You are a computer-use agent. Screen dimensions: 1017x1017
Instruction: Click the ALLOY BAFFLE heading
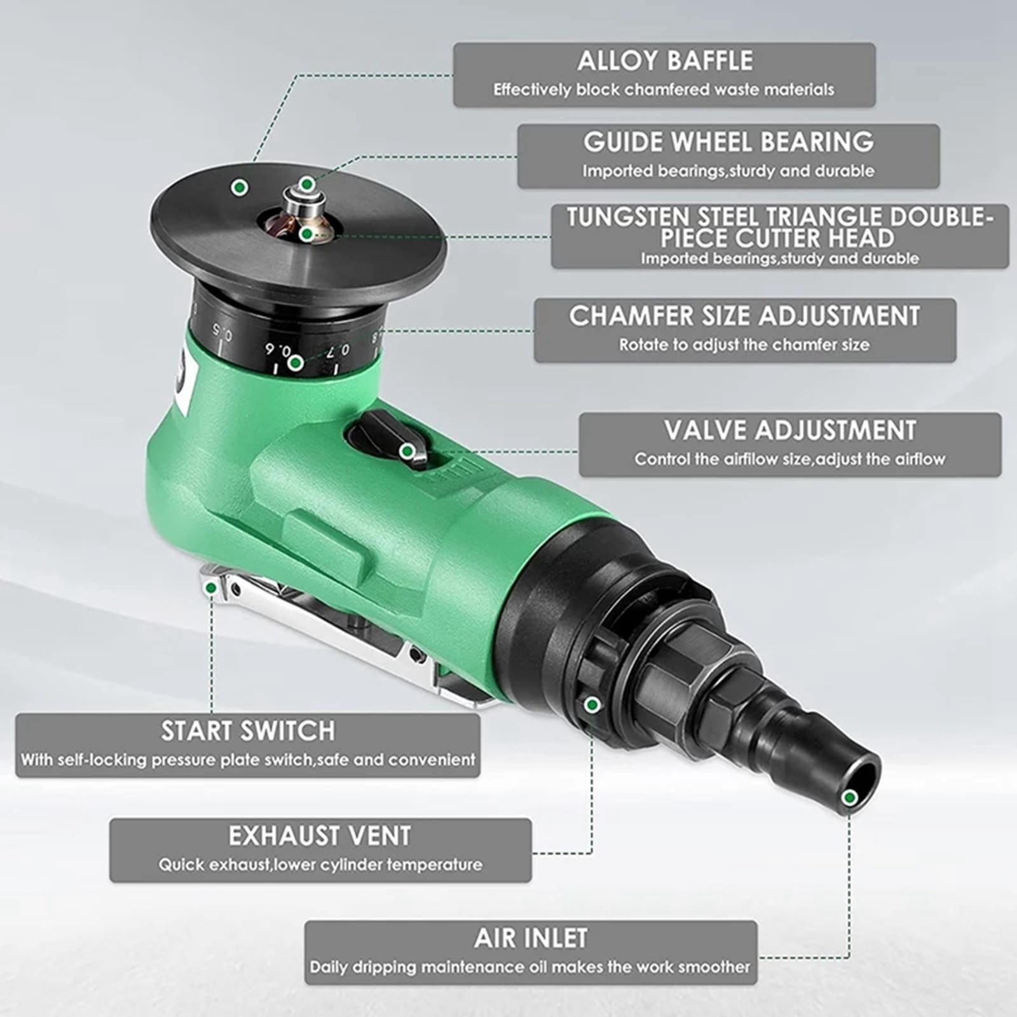pyautogui.click(x=665, y=61)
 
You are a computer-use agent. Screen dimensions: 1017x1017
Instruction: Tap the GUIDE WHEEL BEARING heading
pyautogui.click(x=728, y=142)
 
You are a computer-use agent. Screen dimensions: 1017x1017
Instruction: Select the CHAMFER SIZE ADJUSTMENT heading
pyautogui.click(x=744, y=316)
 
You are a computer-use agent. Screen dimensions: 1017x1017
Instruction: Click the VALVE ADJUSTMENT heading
pyautogui.click(x=790, y=430)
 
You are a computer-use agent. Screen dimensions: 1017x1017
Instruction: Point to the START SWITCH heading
pyautogui.click(x=248, y=731)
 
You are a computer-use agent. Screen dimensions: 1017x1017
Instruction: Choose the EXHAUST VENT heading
pyautogui.click(x=320, y=836)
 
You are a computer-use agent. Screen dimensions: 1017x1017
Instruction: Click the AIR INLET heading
pyautogui.click(x=531, y=938)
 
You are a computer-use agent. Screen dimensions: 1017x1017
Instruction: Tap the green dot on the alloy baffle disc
pyautogui.click(x=240, y=187)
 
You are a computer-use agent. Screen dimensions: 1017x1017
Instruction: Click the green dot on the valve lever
pyautogui.click(x=407, y=451)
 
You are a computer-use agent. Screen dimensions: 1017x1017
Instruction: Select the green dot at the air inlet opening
pyautogui.click(x=849, y=798)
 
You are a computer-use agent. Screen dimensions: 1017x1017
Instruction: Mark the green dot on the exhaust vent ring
pyautogui.click(x=592, y=704)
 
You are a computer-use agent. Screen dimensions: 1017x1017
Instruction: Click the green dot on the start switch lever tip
pyautogui.click(x=210, y=589)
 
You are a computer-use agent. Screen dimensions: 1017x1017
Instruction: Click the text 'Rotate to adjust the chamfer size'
pyautogui.click(x=744, y=345)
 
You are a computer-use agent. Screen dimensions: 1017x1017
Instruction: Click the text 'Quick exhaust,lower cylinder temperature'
pyautogui.click(x=320, y=864)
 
